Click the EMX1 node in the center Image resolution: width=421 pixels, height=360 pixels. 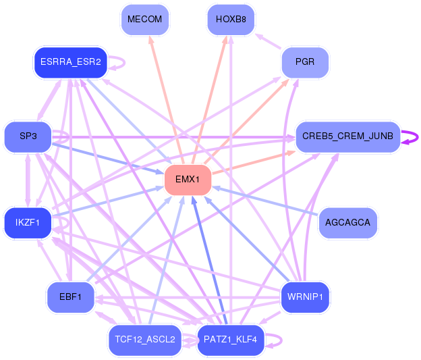click(188, 179)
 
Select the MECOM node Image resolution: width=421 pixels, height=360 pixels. click(145, 20)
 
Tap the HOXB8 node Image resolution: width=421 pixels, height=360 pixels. click(231, 20)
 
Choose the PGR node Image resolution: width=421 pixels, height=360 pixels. click(304, 63)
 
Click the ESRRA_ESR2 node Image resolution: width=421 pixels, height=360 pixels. click(70, 62)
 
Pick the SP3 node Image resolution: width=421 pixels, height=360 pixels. click(28, 136)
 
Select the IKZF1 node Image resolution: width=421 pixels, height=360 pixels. click(28, 222)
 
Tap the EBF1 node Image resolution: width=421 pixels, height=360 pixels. click(70, 297)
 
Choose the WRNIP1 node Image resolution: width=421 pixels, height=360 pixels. click(304, 297)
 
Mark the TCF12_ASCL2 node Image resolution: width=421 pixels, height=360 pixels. click(145, 340)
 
